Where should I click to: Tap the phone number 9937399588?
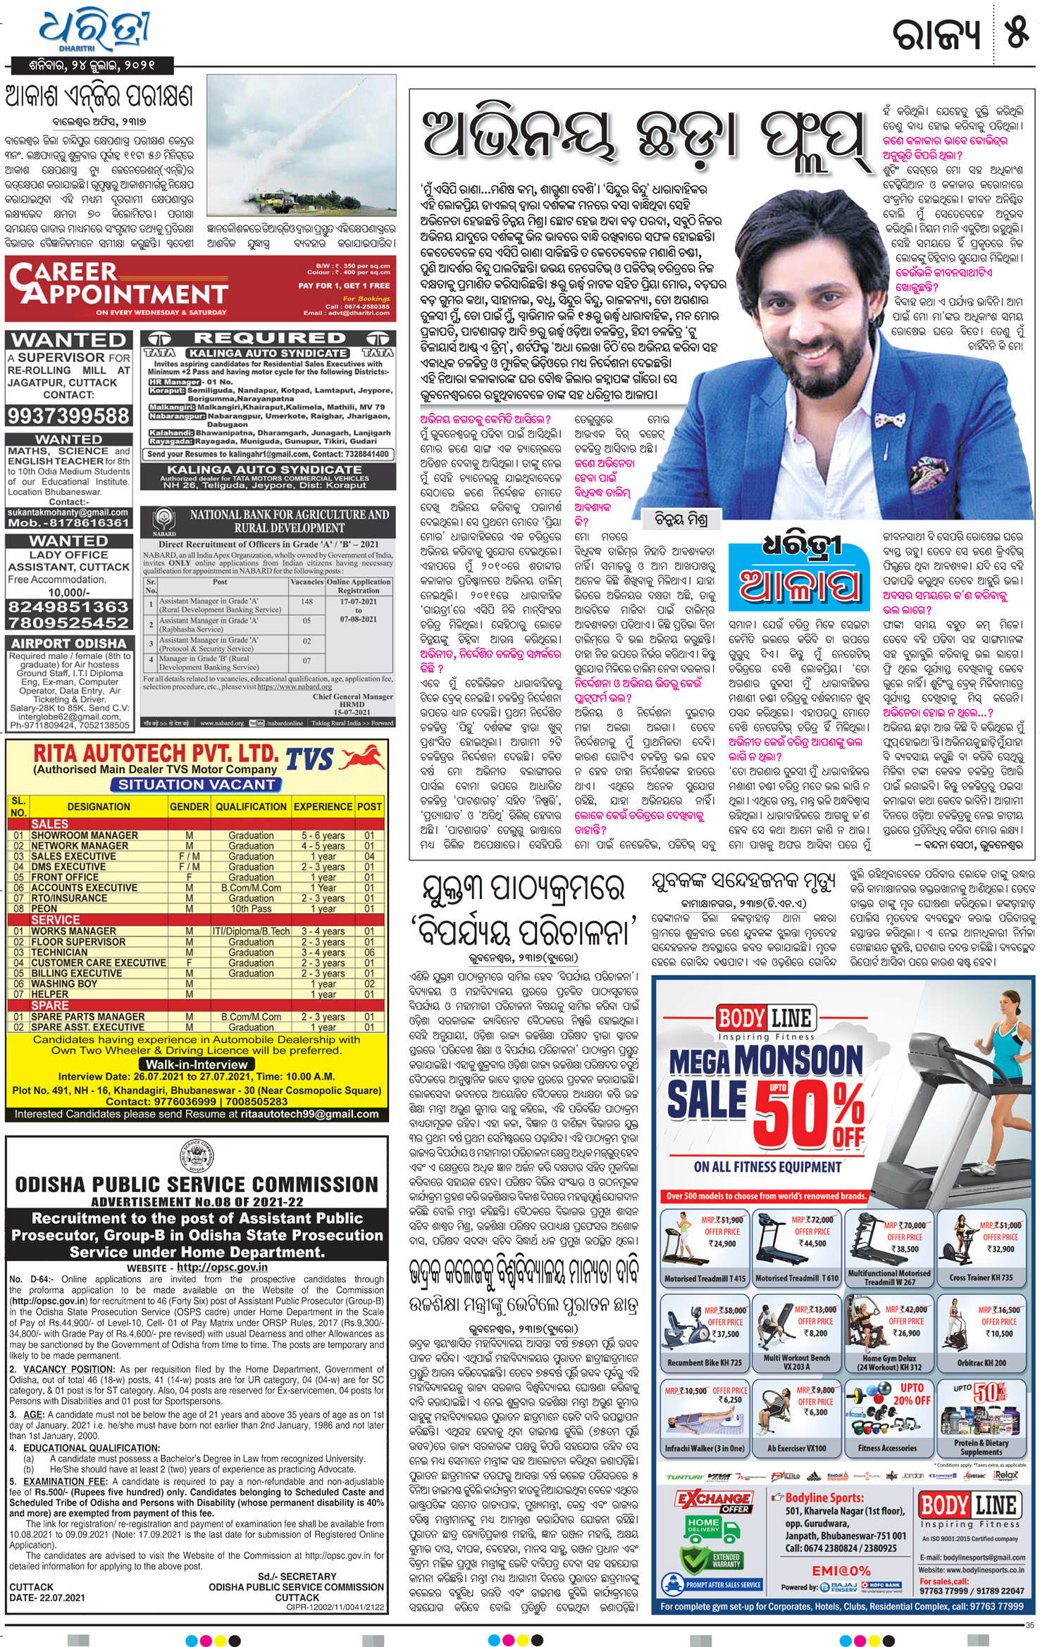click(69, 415)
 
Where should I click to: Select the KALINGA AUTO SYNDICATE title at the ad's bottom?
click(264, 470)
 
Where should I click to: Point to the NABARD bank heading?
click(289, 521)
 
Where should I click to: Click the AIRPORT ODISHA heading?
click(68, 643)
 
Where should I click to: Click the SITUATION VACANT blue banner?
click(196, 784)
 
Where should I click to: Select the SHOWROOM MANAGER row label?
click(85, 835)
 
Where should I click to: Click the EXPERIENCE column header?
click(323, 807)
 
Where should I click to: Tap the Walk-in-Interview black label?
click(197, 1064)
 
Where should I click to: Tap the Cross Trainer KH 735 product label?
click(981, 1278)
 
